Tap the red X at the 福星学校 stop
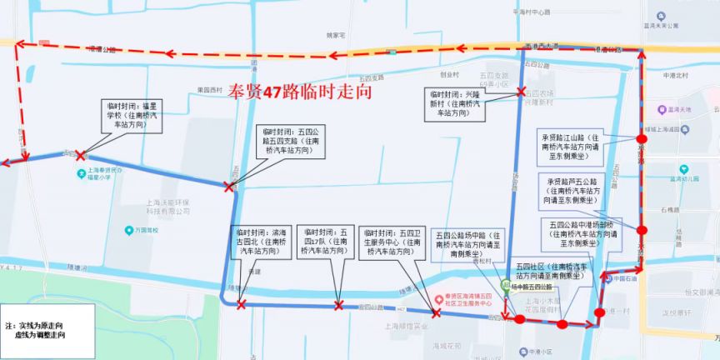80,155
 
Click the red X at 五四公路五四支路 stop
228,187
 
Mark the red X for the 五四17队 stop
338,306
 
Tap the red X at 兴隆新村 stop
521,92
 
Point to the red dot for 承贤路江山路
640,139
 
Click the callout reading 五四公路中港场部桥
582,234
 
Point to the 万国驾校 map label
145,230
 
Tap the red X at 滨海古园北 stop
241,306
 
